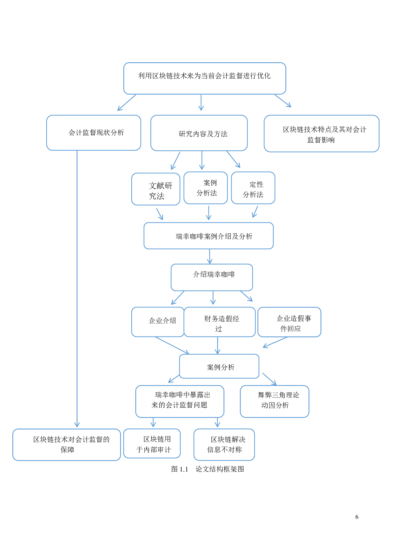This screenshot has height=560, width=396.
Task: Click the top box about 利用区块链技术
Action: (204, 78)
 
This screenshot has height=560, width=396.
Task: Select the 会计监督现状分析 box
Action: (94, 132)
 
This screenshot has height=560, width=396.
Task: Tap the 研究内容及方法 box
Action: (199, 133)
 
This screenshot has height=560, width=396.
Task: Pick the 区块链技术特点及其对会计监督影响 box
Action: (321, 133)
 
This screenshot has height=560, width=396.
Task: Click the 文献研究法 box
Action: (156, 189)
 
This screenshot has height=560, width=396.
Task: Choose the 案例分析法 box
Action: (205, 188)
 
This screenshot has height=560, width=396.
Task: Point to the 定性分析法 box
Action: (253, 188)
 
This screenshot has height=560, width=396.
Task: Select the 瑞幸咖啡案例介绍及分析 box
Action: (208, 236)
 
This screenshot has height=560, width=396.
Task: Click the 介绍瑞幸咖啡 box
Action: (212, 277)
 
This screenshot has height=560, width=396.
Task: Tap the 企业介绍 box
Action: (158, 322)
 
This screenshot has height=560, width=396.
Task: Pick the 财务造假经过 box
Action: (220, 322)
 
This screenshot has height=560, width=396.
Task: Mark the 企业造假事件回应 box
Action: (289, 322)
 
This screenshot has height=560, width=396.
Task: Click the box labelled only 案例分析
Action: (219, 366)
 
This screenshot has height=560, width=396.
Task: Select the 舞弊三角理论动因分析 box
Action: (274, 401)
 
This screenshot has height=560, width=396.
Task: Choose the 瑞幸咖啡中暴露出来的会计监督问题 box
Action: (179, 401)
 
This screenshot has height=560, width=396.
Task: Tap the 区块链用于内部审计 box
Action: (152, 443)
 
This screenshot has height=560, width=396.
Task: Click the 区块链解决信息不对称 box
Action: (224, 444)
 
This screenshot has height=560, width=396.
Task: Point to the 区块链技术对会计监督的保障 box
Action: (66, 444)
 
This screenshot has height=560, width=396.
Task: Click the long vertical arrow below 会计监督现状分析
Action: (77, 287)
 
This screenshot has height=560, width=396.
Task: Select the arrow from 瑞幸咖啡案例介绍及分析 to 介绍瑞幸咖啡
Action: (209, 256)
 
